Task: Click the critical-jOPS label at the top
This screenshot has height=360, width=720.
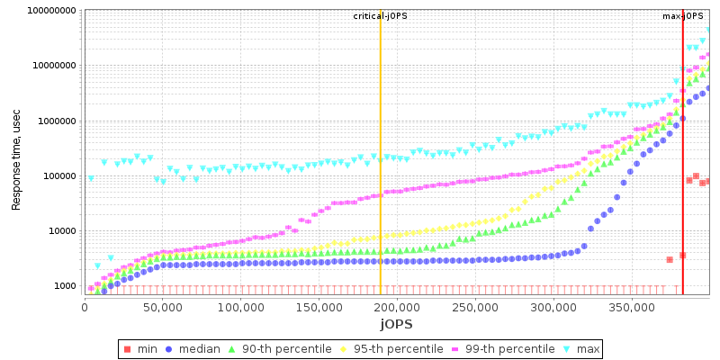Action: [380, 16]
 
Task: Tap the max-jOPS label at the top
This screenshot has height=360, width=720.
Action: [683, 16]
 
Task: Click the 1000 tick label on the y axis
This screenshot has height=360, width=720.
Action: [64, 286]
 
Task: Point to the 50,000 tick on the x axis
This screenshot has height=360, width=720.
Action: [163, 307]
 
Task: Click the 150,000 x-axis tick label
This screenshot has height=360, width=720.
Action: [319, 307]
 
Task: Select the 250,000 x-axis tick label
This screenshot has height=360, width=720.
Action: [475, 307]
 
